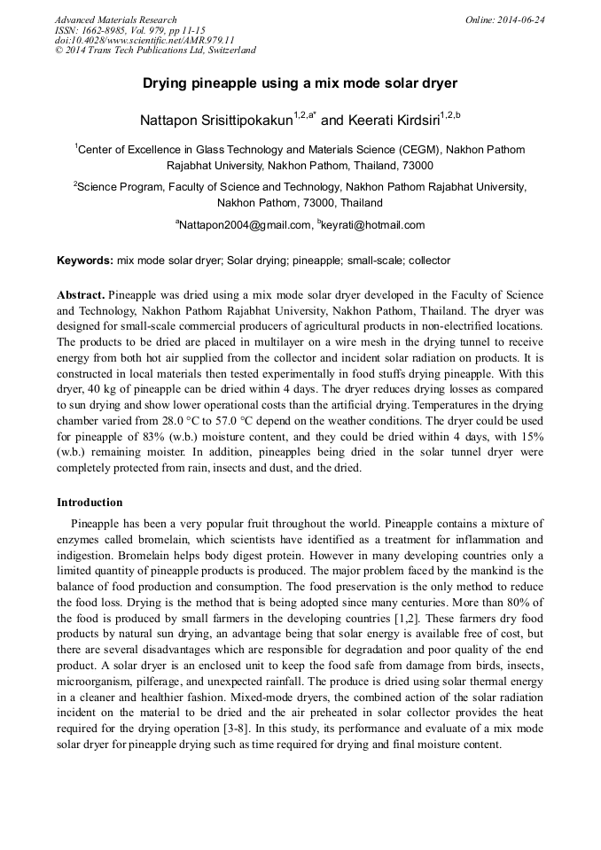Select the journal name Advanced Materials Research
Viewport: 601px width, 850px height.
point(115,19)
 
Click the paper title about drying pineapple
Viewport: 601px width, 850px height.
point(300,83)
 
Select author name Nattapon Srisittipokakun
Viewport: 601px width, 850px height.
point(216,118)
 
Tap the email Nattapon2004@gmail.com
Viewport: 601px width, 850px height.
point(246,225)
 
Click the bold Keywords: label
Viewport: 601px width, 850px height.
point(85,261)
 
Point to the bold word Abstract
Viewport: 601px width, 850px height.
point(81,294)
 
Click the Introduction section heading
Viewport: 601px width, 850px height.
point(90,503)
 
